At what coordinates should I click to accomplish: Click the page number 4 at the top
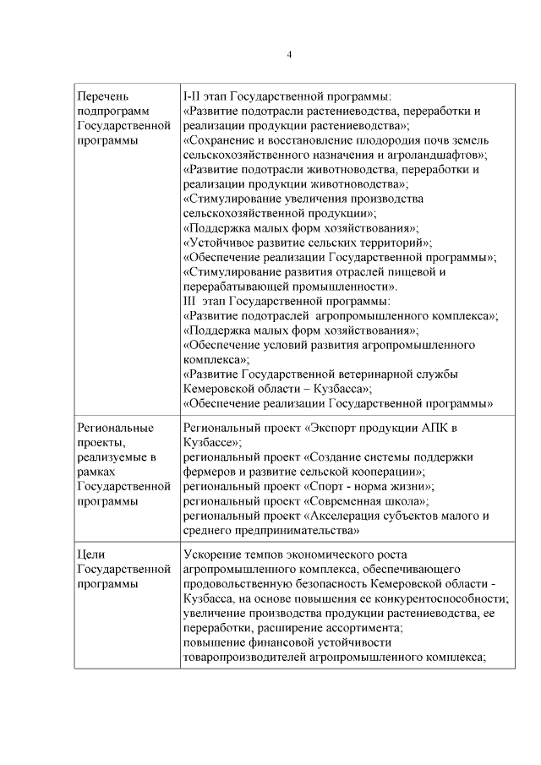pyautogui.click(x=289, y=55)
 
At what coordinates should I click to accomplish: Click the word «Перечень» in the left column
pyautogui.click(x=102, y=96)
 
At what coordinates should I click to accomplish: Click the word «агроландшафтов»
pyautogui.click(x=435, y=155)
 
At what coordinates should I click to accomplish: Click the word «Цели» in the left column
pyautogui.click(x=90, y=555)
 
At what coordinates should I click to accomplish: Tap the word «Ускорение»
pyautogui.click(x=212, y=555)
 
